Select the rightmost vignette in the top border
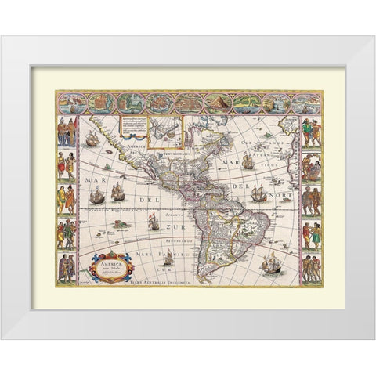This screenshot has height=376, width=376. [x=304, y=103]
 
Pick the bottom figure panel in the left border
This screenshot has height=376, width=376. [x=66, y=262]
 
